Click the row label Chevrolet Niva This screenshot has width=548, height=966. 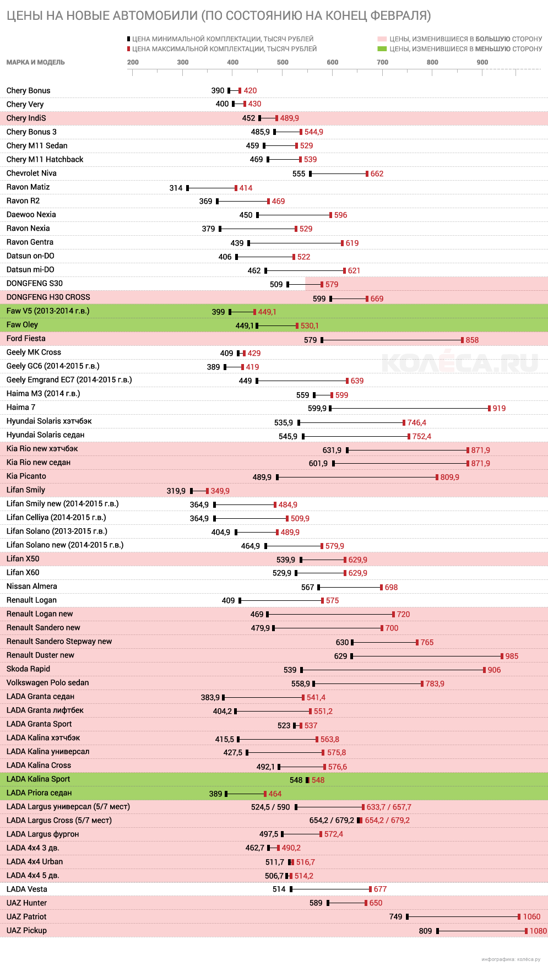tap(31, 173)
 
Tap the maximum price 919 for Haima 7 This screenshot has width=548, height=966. tap(499, 408)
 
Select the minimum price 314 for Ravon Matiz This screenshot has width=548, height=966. tap(176, 188)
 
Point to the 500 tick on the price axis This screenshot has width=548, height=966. tap(283, 62)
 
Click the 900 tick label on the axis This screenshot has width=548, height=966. tap(482, 62)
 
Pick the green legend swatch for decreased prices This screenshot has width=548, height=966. tap(382, 49)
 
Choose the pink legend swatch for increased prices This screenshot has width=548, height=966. tap(382, 39)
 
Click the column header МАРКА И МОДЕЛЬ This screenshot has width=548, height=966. tap(36, 62)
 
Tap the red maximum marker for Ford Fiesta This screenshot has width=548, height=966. tap(462, 340)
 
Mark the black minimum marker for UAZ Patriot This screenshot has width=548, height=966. tap(408, 916)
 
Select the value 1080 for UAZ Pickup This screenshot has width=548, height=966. tap(538, 931)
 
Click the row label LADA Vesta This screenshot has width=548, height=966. tap(27, 889)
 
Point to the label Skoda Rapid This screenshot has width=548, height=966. tap(28, 669)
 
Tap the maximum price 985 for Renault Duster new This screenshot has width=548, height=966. tap(512, 656)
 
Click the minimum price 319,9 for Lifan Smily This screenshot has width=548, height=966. tap(176, 491)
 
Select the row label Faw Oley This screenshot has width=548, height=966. tap(23, 325)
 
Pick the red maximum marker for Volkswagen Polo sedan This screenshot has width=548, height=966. tap(422, 683)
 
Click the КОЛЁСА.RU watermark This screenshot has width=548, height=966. tap(459, 362)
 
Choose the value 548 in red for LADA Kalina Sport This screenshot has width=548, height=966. tap(318, 780)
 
